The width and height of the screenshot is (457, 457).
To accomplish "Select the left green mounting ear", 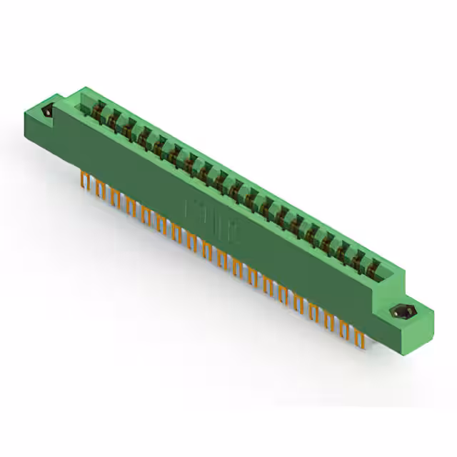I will point(50,118).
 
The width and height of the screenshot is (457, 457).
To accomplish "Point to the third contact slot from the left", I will point(128,127).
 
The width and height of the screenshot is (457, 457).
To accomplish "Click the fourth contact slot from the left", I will point(144,136).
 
